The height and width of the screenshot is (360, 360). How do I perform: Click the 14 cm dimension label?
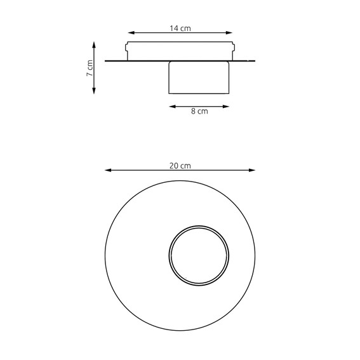pos(180,28)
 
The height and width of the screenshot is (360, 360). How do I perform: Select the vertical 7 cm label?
pos(90,68)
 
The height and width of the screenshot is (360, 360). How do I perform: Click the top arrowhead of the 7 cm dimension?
pos(94,44)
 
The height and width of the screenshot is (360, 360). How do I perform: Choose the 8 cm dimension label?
pos(199,112)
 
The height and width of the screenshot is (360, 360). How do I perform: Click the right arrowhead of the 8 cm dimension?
pos(227,105)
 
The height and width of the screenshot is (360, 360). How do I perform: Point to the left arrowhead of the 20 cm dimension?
pos(107,170)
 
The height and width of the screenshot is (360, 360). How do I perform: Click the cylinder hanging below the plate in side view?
pos(199,77)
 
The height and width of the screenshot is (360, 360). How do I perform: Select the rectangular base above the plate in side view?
pos(180,51)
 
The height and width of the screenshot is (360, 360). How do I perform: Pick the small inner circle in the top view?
pos(198,255)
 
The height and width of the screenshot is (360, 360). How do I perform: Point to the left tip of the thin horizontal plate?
pos(105,61)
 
